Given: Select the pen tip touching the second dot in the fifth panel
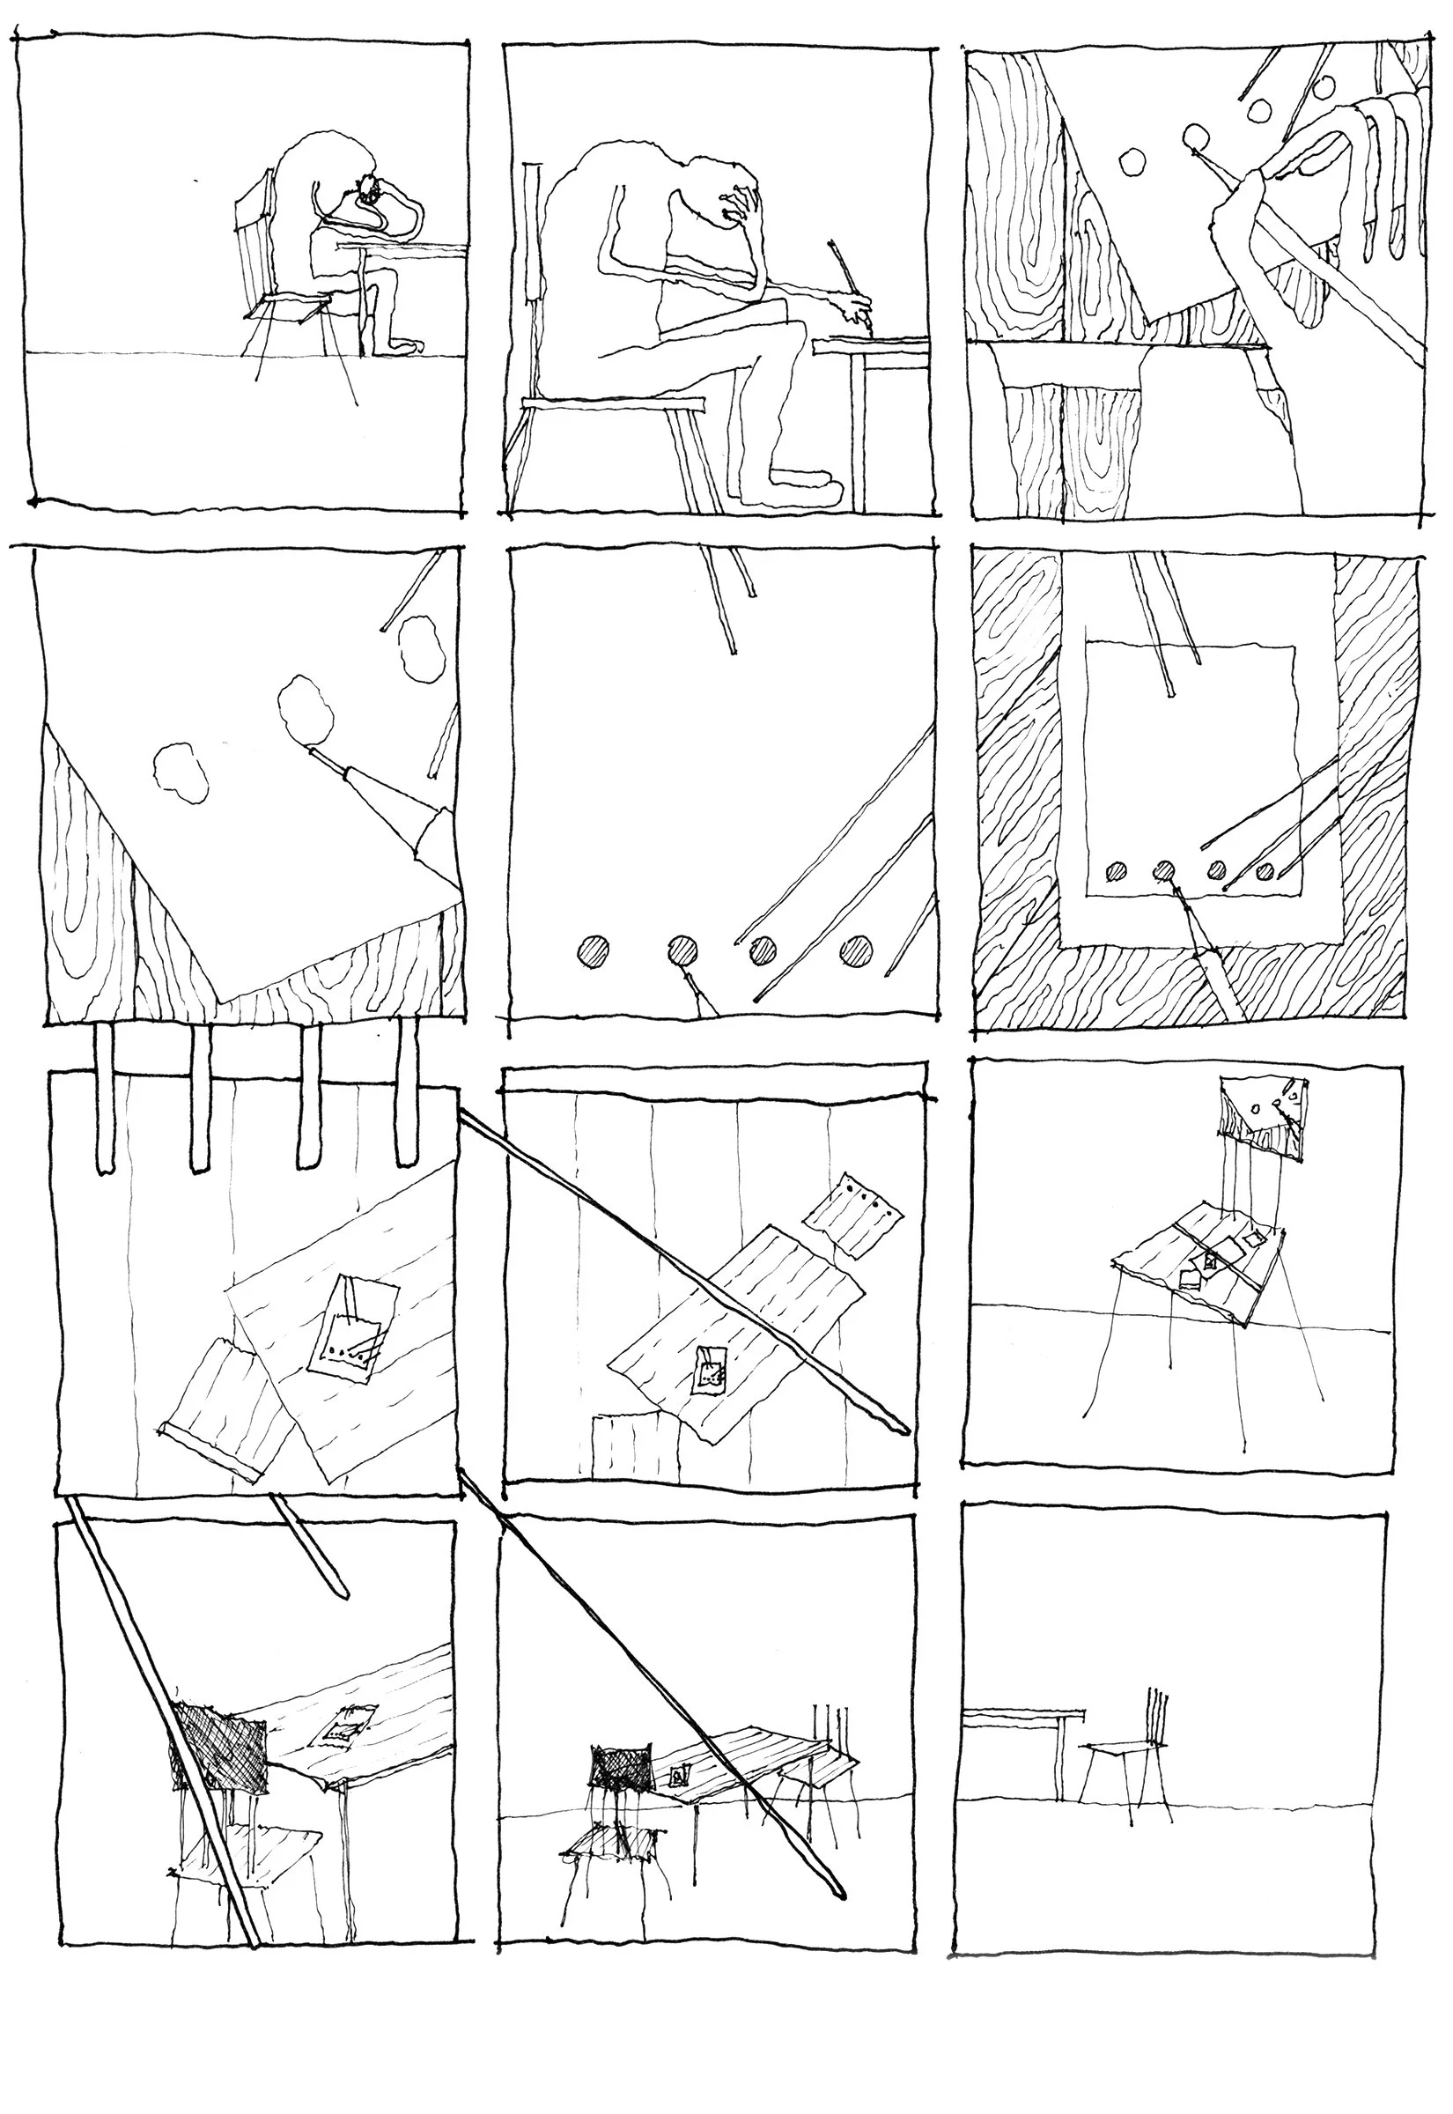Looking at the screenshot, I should [690, 979].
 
